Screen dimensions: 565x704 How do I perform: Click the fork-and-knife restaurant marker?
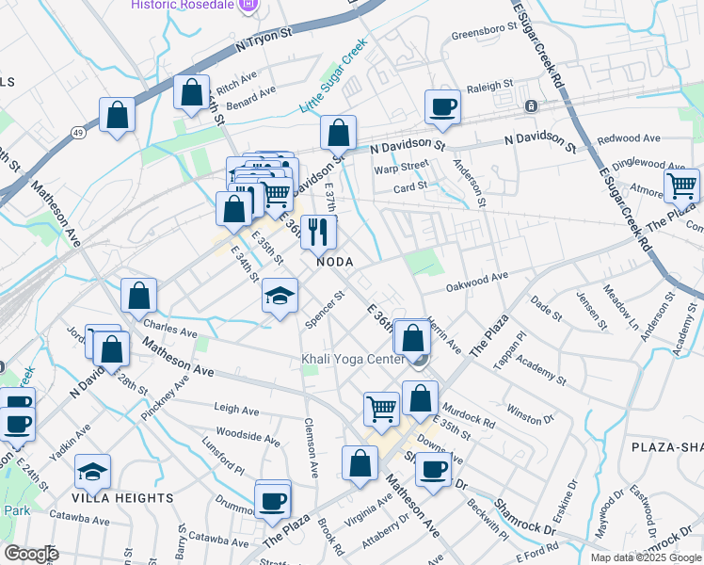coord(318,232)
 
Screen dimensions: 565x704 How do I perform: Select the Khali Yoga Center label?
coord(353,359)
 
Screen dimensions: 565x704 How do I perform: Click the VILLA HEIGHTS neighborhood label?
coord(124,497)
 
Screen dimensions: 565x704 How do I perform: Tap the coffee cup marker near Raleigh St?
coord(443,107)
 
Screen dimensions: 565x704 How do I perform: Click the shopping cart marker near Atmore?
coord(681,185)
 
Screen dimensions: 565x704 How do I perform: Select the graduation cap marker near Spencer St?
coord(280,297)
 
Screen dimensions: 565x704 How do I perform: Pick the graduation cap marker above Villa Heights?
coord(92,471)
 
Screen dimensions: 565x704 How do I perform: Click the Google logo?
coord(31,554)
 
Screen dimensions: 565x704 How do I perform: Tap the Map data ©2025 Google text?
coord(646,557)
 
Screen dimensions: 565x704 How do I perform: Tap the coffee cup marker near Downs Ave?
coord(433,470)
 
